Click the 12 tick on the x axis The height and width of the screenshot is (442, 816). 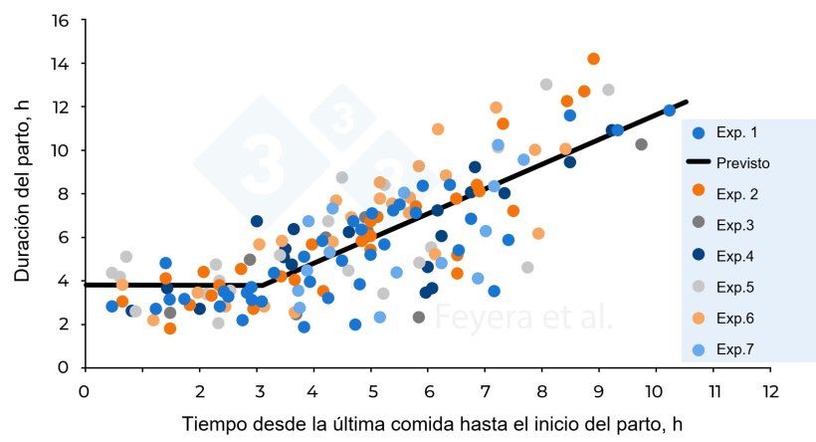point(769,391)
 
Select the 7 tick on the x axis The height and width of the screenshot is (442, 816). point(485,391)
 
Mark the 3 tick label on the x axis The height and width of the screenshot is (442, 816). point(257,391)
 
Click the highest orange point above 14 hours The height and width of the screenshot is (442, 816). point(593,59)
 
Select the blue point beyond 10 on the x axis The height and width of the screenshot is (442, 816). point(670,110)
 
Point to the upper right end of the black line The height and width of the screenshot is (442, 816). point(687,102)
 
